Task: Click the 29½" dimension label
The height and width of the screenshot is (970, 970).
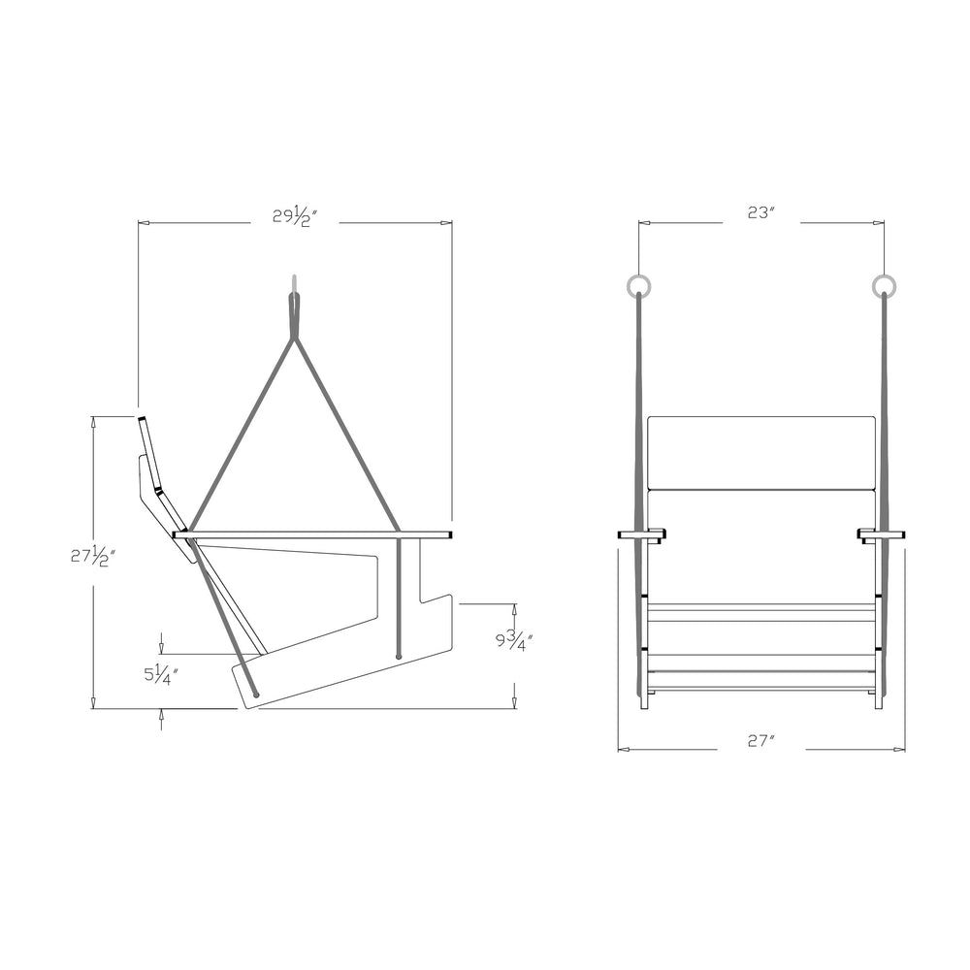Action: [x=295, y=216]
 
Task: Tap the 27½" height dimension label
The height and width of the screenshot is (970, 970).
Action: [x=93, y=558]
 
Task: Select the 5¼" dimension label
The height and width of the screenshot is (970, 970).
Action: [x=161, y=674]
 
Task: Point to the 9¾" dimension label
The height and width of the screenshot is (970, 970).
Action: [x=514, y=640]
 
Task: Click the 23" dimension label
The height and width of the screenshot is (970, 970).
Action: [x=761, y=212]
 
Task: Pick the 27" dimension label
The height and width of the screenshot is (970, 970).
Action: [x=761, y=741]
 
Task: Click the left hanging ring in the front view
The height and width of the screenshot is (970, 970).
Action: [x=638, y=285]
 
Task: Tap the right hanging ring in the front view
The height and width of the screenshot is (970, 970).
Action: [x=885, y=285]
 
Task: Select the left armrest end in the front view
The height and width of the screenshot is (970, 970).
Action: [x=640, y=534]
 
